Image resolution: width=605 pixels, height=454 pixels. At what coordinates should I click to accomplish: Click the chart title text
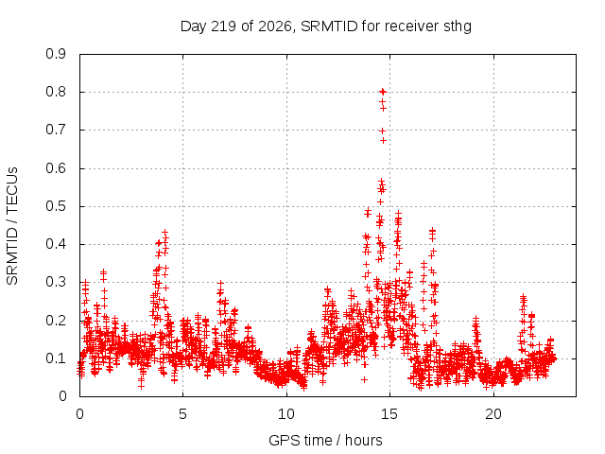(x=325, y=26)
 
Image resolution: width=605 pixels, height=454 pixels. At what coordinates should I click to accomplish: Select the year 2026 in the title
(x=274, y=26)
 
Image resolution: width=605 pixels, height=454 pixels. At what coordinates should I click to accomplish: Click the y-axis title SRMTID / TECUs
(x=12, y=226)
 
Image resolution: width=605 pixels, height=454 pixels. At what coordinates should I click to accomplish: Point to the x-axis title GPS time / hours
(x=325, y=440)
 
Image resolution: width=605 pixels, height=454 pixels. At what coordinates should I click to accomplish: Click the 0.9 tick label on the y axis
(x=56, y=54)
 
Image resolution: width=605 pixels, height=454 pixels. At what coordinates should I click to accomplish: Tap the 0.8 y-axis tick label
(x=56, y=92)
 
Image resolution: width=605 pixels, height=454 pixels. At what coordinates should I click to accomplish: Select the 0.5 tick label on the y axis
(x=56, y=206)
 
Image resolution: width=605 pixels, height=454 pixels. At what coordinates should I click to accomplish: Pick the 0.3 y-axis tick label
(x=56, y=282)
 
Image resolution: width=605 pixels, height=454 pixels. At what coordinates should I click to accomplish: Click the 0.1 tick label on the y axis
(x=56, y=358)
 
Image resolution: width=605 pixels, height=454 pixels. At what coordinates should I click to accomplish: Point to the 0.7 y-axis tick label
(x=56, y=131)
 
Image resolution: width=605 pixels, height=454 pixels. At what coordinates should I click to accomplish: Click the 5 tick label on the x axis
(x=182, y=414)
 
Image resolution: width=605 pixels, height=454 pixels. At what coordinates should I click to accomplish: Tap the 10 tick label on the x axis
(x=286, y=414)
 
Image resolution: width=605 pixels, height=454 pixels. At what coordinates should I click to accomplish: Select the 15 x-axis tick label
(x=389, y=414)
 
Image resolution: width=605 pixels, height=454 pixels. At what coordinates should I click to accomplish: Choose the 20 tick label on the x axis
(x=493, y=414)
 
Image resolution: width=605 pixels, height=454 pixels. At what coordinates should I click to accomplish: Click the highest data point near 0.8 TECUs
(x=382, y=92)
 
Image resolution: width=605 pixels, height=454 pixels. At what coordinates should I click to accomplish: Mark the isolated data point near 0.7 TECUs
(x=382, y=131)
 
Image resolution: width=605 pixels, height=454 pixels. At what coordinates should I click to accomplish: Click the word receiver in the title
(x=412, y=26)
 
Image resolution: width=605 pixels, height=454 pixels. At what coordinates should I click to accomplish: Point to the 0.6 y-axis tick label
(x=56, y=168)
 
